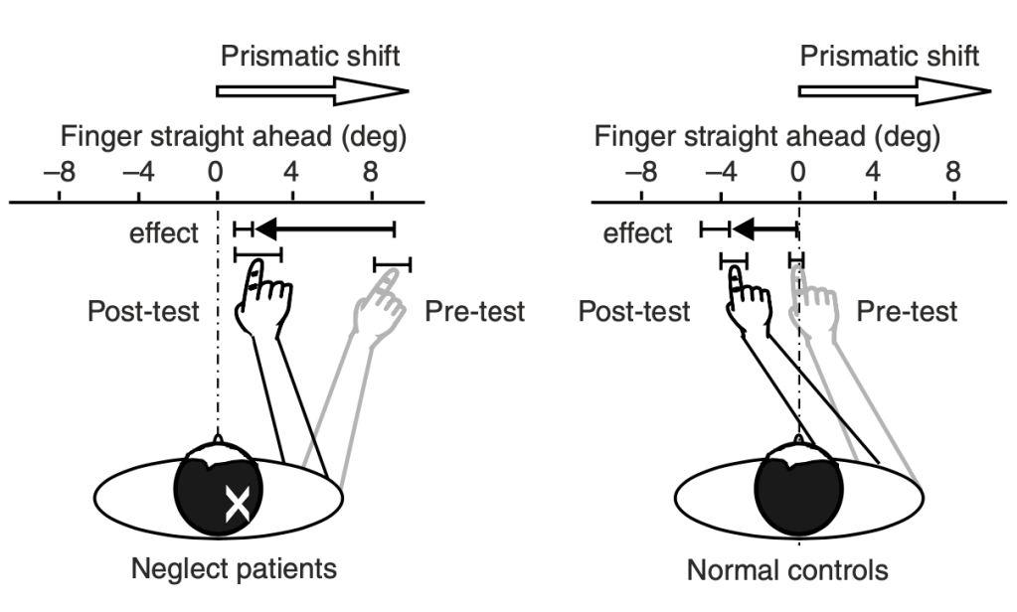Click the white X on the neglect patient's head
coord(237,505)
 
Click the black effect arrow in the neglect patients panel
coord(324,230)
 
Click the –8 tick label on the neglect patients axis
coord(60,171)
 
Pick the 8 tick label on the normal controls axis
coord(953,171)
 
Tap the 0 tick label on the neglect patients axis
coord(215,171)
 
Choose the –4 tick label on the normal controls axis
coord(720,171)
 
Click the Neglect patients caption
coord(235,569)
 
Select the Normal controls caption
coord(787,570)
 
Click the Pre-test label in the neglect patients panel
coord(475,311)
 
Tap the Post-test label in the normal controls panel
coord(634,311)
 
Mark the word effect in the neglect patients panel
coord(164,234)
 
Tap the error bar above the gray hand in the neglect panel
coord(393,264)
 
